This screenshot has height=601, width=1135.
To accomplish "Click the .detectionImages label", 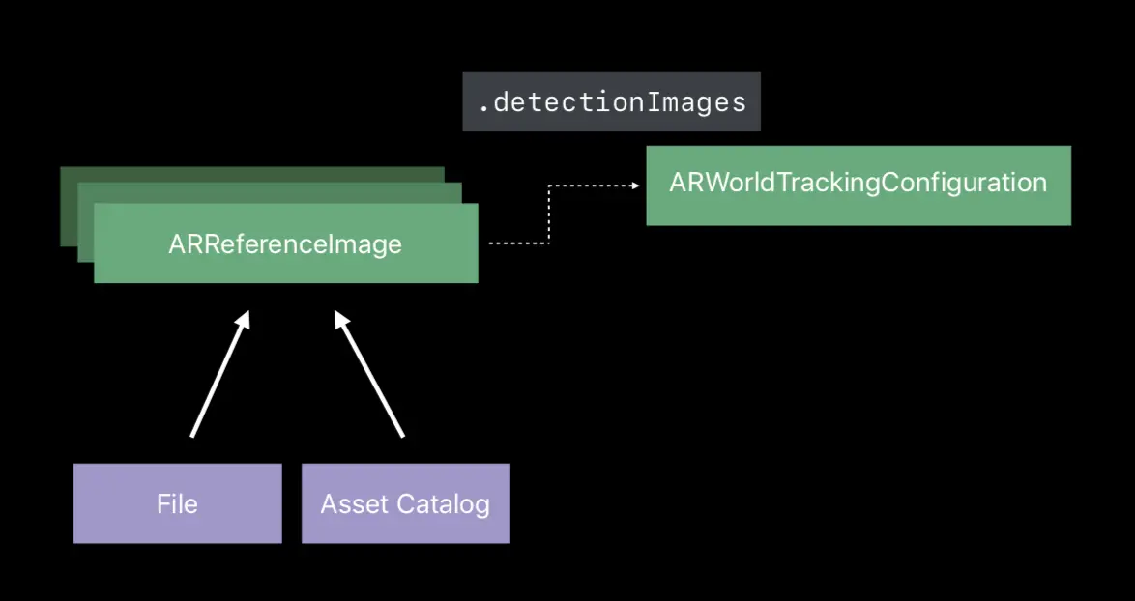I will coord(611,101).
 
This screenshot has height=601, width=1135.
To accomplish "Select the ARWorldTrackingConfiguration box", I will coord(858,185).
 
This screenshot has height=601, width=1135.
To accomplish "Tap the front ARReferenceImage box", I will coord(285,243).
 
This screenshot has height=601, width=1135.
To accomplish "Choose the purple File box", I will coord(177,503).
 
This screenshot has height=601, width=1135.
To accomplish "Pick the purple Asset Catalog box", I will coord(405,503).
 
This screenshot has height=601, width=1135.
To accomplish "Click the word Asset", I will coord(353,503).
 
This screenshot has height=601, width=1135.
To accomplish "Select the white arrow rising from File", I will coord(218,377).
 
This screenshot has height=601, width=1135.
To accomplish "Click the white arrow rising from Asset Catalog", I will coord(370,377).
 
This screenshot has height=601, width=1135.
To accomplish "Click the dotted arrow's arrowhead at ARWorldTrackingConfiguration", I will coord(634,186).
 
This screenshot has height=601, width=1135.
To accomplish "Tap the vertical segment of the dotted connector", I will coord(549,215).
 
